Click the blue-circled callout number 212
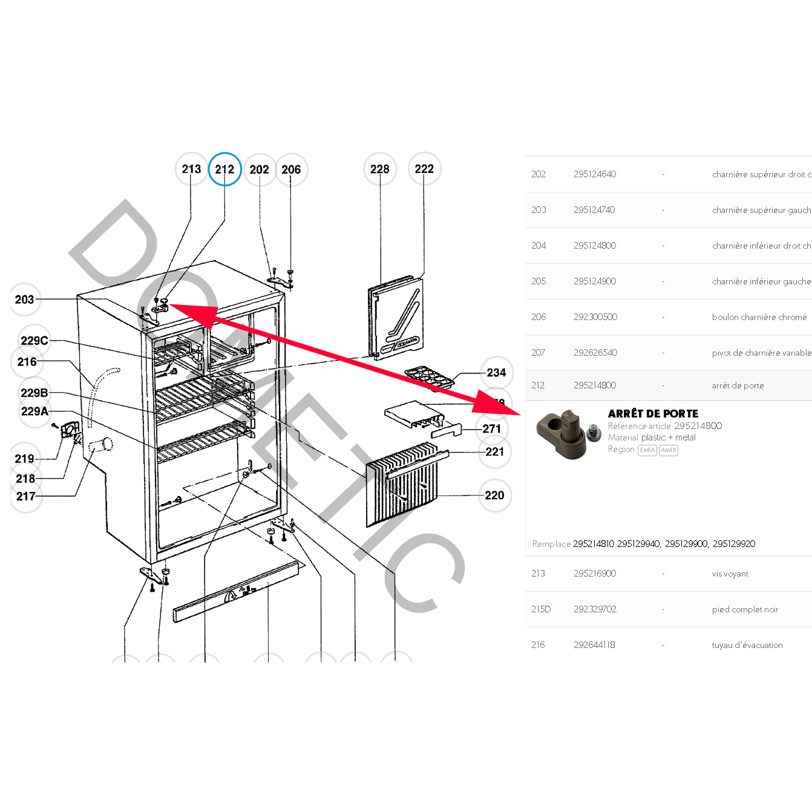pos(224,169)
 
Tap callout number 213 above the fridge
pos(191,169)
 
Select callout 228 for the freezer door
pos(380,169)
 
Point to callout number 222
pos(424,169)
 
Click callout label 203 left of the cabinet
pos(24,300)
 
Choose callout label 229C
pos(34,341)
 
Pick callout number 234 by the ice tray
pos(496,373)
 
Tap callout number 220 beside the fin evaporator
pos(494,496)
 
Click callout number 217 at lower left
pos(26,496)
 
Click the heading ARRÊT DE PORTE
pos(653,414)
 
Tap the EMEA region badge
pos(647,450)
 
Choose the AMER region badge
pos(669,450)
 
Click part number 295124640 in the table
pos(595,174)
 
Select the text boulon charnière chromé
pos(759,317)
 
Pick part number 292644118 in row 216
pos(594,645)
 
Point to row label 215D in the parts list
pos(541,609)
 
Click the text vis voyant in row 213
pos(730,574)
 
